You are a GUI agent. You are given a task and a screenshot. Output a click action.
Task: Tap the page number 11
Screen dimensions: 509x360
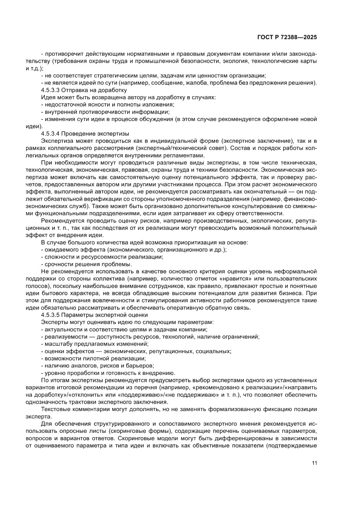click(314, 463)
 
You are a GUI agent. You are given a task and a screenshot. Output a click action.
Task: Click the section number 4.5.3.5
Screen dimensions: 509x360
click(52, 314)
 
